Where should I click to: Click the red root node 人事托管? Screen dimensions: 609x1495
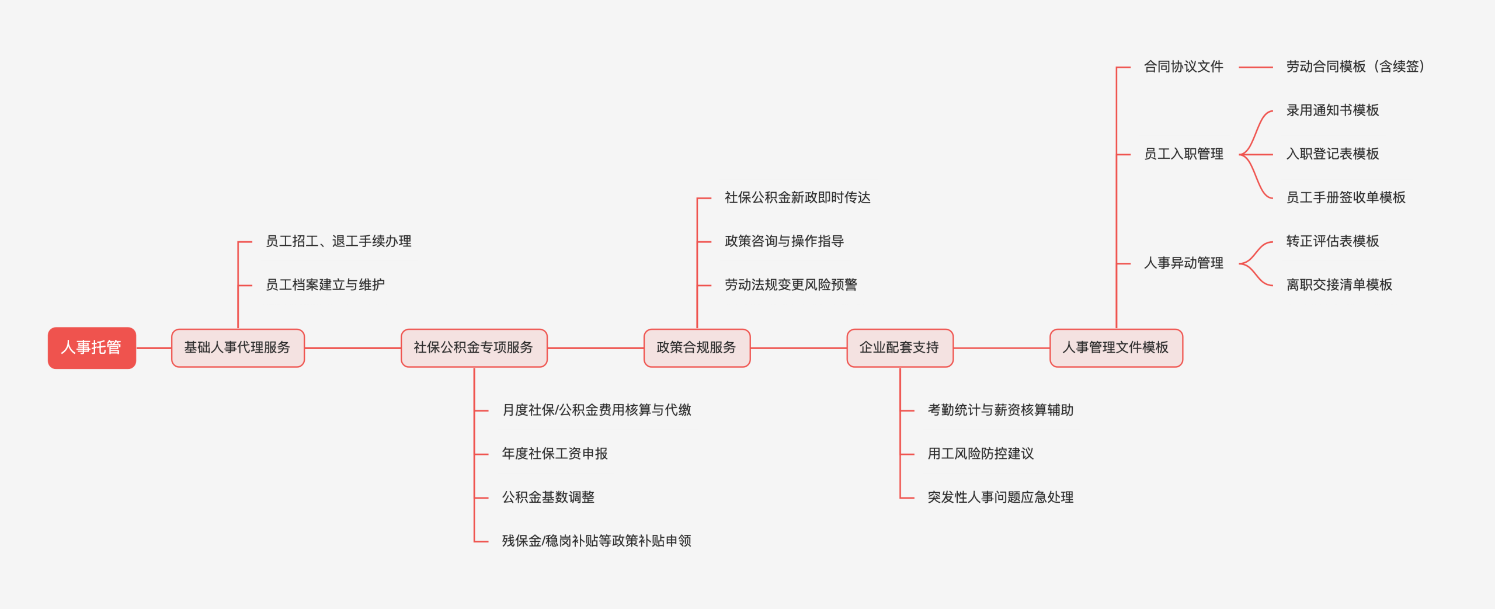coord(92,348)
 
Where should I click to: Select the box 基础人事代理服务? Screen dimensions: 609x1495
coord(238,348)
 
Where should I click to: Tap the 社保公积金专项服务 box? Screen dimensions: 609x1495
coord(474,348)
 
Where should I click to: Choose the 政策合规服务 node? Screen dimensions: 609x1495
coord(697,348)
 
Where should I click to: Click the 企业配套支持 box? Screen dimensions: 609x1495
coord(899,348)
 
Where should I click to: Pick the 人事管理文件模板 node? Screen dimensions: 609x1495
coord(1116,348)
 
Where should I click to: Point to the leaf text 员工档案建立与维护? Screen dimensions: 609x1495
coord(325,285)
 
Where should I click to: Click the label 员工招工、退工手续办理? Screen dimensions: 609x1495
coord(338,241)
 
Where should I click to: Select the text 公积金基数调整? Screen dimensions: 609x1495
coord(548,497)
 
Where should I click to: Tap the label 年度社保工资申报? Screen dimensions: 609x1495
coord(555,454)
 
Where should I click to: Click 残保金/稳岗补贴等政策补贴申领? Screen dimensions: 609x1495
coord(596,541)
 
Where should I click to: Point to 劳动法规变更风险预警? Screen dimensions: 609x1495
coord(791,285)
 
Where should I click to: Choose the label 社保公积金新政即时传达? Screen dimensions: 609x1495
coord(797,198)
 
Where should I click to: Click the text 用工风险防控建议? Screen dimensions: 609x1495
coord(981,454)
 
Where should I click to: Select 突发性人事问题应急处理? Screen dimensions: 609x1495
coord(1000,497)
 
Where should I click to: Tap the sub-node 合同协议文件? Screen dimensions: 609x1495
coord(1183,67)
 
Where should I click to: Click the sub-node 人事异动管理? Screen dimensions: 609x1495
coord(1183,263)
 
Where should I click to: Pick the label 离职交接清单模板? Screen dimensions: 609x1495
coord(1339,285)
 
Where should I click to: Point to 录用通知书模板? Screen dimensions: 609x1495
coord(1332,110)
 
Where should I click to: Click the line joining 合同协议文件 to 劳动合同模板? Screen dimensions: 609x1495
coord(1255,68)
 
